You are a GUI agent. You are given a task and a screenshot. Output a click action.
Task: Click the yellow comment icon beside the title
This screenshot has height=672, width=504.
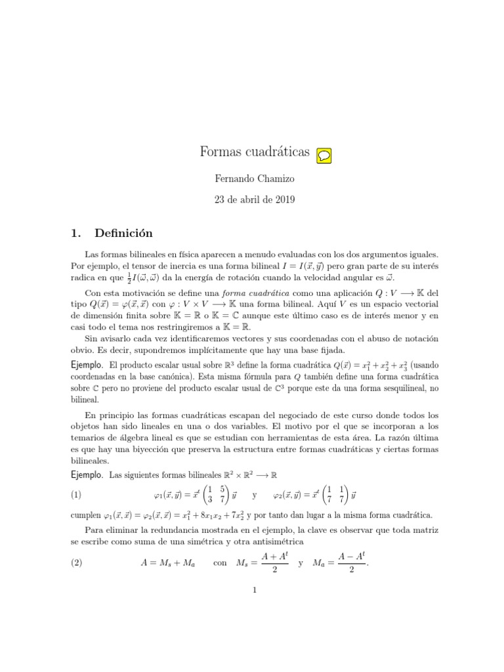324,155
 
